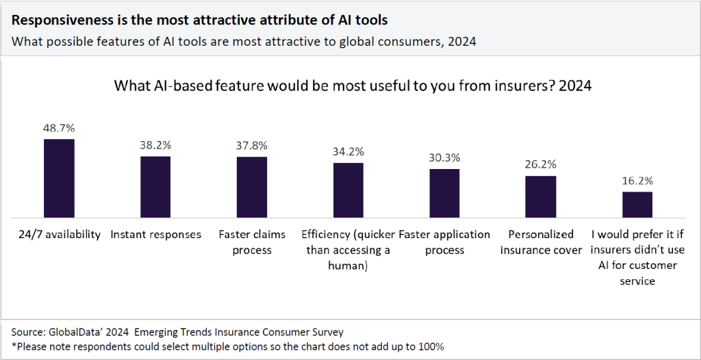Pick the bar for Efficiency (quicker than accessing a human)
[348, 190]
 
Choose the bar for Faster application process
[444, 192]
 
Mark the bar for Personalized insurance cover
[541, 196]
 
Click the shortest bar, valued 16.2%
[637, 204]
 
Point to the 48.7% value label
[59, 129]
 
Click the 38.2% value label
[155, 145]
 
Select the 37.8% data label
[252, 146]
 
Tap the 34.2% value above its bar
[348, 151]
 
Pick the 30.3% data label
[444, 157]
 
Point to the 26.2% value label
[541, 164]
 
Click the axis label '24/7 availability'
[59, 234]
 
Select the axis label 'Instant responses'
[155, 234]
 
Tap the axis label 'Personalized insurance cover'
[541, 242]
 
